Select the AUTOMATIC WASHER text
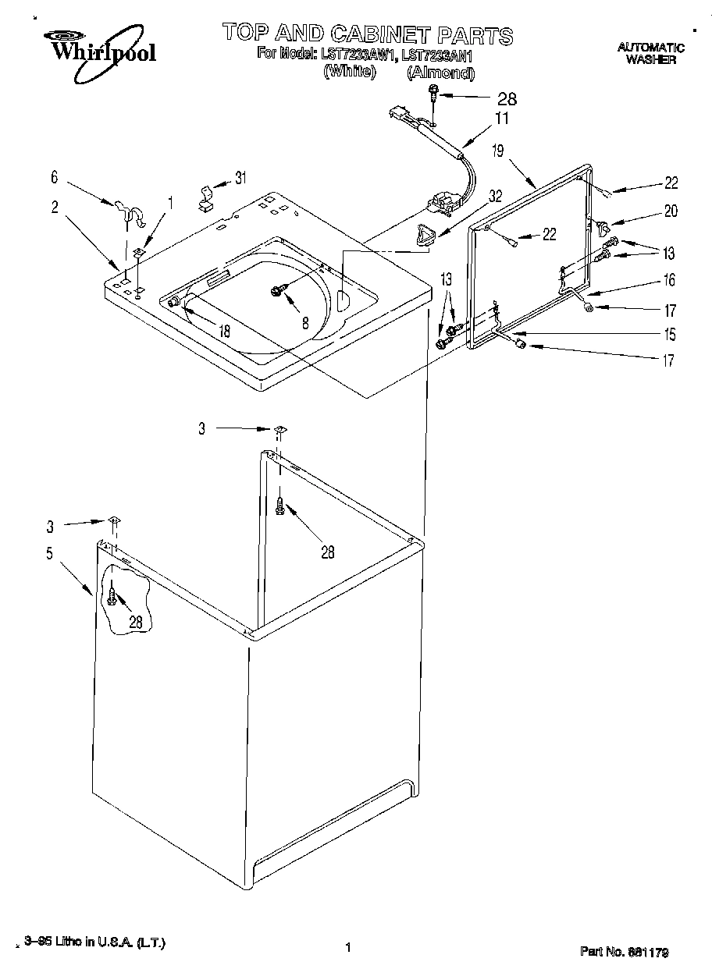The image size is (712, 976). click(650, 54)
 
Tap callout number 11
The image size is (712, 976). click(501, 119)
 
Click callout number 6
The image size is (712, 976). click(54, 178)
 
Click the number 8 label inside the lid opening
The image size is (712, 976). click(305, 320)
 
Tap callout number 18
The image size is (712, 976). click(224, 331)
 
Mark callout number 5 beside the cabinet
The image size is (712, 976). click(49, 554)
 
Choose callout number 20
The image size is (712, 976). click(671, 211)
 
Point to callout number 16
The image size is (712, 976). click(669, 280)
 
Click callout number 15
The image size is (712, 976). click(669, 335)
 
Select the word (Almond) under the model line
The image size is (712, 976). click(440, 73)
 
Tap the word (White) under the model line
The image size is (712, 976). click(350, 72)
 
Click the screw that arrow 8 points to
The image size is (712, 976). click(277, 290)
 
